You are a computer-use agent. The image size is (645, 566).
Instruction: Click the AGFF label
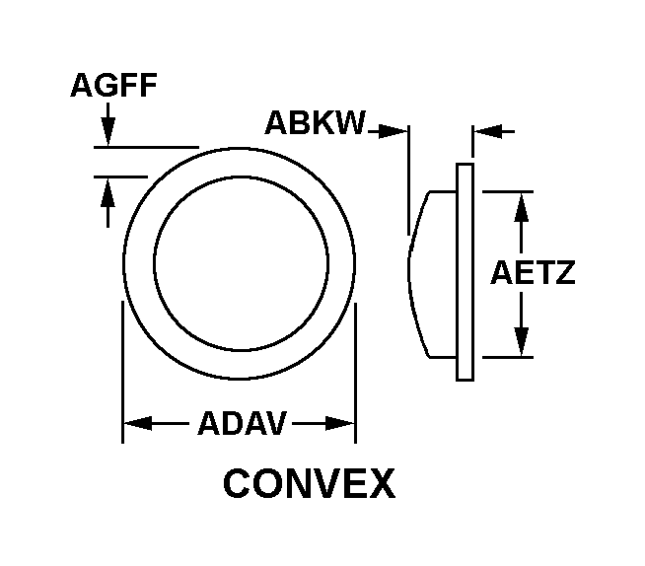(x=112, y=86)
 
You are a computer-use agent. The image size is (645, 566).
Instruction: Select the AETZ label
(x=533, y=273)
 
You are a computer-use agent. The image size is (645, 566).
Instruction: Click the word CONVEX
(x=309, y=484)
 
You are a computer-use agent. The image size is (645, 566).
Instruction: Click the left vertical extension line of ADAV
(x=122, y=375)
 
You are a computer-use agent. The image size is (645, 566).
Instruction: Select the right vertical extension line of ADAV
(x=355, y=375)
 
